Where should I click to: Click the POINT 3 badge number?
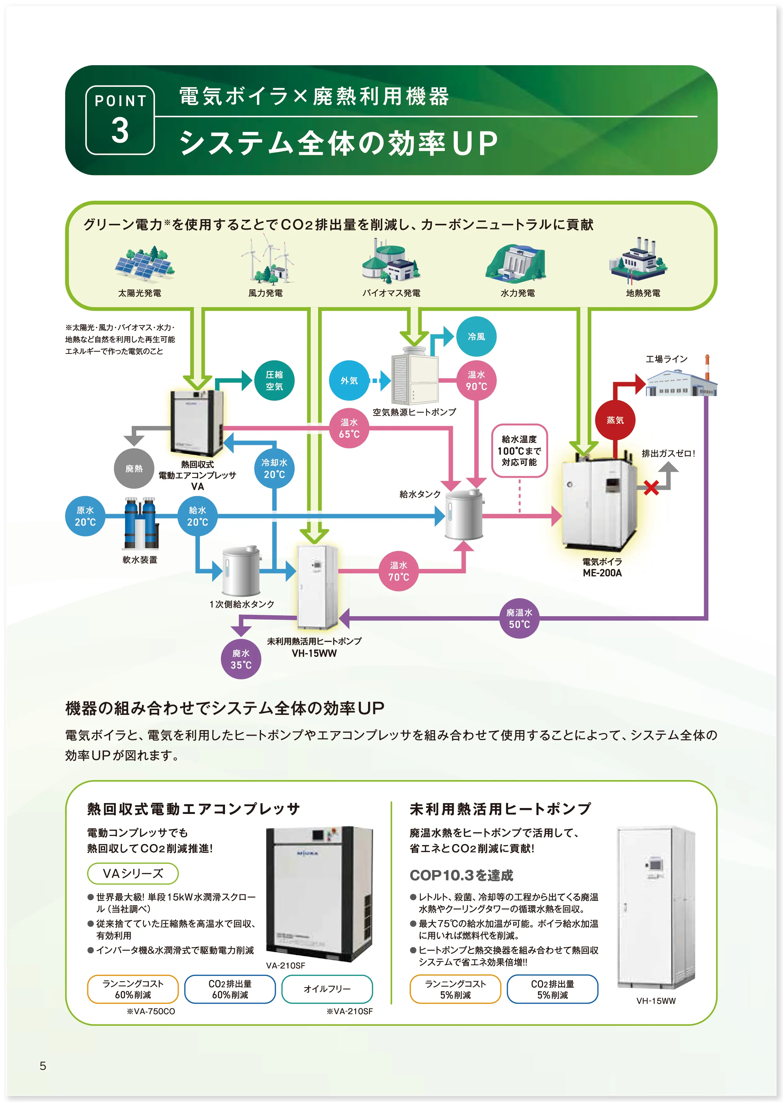[120, 130]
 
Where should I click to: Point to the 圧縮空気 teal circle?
[274, 381]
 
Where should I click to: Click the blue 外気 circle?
[349, 381]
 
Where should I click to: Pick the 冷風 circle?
[476, 336]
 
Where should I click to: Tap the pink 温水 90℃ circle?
[476, 381]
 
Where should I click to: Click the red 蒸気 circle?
[615, 420]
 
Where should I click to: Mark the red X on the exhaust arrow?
[651, 488]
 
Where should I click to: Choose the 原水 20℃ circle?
[85, 516]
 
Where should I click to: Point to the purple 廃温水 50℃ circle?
[519, 618]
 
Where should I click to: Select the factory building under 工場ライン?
[681, 383]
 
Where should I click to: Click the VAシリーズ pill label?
[133, 874]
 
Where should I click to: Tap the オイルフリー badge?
[327, 989]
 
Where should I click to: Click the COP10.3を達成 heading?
[461, 875]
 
